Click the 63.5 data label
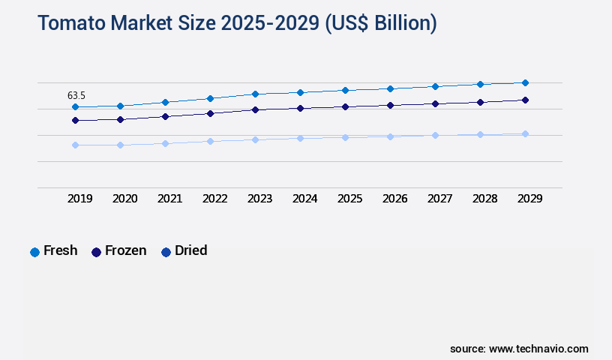coord(76,95)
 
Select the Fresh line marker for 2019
coord(75,107)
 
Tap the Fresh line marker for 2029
coord(525,82)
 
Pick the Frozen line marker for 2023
coord(255,109)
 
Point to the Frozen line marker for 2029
coord(525,100)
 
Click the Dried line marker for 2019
coord(75,145)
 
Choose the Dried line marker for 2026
coord(390,136)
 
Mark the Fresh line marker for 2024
coord(300,92)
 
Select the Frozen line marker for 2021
coord(165,116)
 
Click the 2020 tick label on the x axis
coord(124,199)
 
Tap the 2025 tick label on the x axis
coord(349,199)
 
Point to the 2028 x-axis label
coord(484,199)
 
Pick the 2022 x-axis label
coord(214,199)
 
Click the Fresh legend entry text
coord(60,250)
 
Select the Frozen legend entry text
coord(125,250)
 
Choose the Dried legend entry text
coord(190,250)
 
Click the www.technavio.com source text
coord(538,349)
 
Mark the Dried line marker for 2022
coord(210,141)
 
